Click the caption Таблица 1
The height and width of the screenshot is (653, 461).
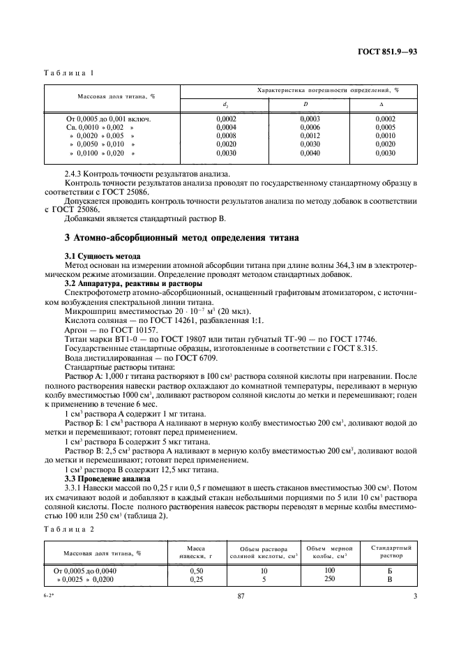69,73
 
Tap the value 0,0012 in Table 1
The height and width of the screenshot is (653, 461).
310,135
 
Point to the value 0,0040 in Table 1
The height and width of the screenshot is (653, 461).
310,152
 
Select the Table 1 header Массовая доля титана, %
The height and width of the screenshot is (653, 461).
112,96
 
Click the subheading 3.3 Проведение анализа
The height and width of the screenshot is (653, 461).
107,479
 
